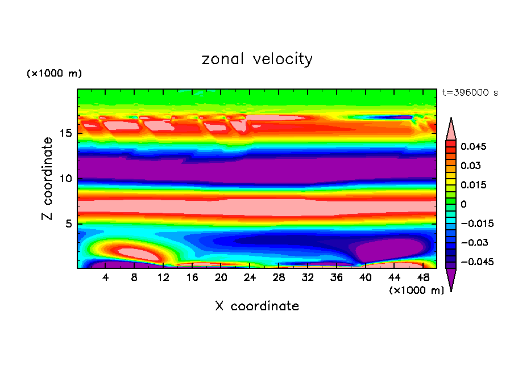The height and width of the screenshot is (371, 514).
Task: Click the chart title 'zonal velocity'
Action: pos(257,59)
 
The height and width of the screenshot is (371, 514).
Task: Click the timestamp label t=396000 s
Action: pos(470,92)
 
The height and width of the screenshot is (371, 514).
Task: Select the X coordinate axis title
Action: pos(257,306)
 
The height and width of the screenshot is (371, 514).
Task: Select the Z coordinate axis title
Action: pos(48,178)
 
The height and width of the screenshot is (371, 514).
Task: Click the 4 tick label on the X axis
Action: pos(106,277)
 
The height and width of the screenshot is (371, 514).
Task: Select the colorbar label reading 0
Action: pos(463,204)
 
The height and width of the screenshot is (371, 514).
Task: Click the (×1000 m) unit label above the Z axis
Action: pos(54,74)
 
